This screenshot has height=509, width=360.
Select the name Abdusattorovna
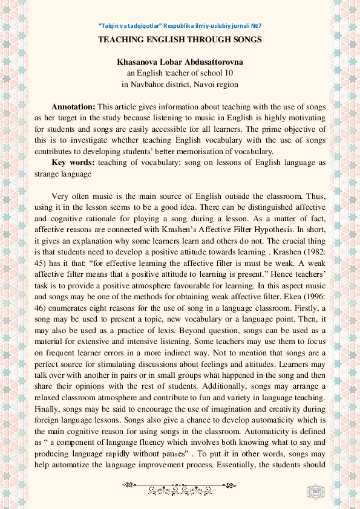pos(213,62)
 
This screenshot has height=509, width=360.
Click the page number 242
pos(315,493)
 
